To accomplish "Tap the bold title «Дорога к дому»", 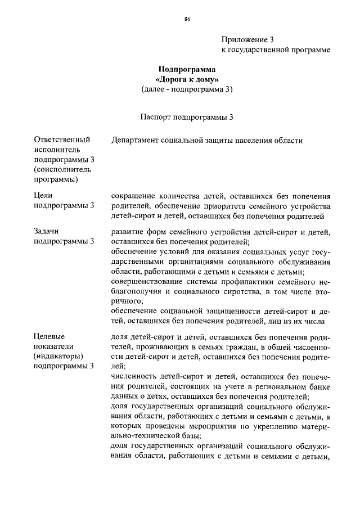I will tap(187, 79).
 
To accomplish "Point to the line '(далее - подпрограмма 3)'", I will tap(187, 89).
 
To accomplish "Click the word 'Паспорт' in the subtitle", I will tap(155, 117).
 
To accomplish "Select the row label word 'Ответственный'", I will tap(62, 139).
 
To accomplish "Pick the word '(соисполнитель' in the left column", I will tap(62, 169).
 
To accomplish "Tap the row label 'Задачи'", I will tap(47, 231).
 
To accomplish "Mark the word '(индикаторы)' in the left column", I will tap(58, 356).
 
